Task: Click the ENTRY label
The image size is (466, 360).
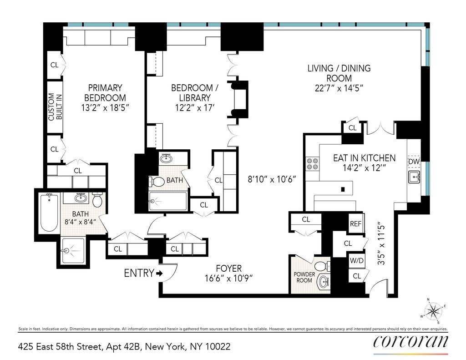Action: tap(139, 273)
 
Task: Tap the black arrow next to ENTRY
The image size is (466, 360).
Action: tap(159, 274)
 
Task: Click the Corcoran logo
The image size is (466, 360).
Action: tap(410, 342)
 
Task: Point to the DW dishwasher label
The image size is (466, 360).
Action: tap(414, 162)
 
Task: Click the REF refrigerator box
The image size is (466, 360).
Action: tap(355, 223)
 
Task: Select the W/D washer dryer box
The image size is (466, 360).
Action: tap(355, 261)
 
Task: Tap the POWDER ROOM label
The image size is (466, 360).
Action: tap(304, 277)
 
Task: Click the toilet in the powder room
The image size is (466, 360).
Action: tap(324, 265)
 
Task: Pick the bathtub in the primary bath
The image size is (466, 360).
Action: tap(49, 213)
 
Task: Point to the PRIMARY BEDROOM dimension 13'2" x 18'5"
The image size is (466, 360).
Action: tap(105, 108)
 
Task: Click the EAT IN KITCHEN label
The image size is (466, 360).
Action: tap(364, 158)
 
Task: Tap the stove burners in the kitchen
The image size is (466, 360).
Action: tap(312, 164)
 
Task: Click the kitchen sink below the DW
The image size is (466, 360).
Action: tap(414, 177)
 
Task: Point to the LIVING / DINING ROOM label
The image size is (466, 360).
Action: tap(339, 78)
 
